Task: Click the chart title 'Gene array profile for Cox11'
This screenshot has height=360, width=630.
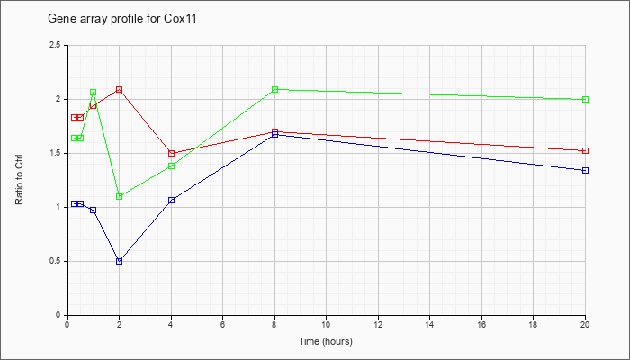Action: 122,19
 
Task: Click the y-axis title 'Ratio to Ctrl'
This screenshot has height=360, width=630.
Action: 19,180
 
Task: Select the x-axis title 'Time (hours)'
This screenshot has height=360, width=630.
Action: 326,341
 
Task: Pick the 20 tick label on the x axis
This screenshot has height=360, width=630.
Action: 585,324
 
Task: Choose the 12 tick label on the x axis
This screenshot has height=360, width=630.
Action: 378,324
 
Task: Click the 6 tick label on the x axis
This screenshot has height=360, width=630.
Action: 223,324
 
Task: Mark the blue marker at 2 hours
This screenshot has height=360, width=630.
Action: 120,262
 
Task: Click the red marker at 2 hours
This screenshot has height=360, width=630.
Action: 120,90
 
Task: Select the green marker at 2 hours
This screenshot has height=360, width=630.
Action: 120,197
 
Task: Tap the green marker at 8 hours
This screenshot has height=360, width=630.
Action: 274,90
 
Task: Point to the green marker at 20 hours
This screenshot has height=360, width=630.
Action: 585,100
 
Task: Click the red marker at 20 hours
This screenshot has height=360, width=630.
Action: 585,151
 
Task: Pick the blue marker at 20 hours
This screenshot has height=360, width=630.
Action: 585,171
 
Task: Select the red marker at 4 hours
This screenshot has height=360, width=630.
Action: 172,154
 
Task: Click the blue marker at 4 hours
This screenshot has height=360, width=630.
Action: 172,201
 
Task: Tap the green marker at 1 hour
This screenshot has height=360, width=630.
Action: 94,93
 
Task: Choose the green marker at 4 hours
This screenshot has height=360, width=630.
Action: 172,166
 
